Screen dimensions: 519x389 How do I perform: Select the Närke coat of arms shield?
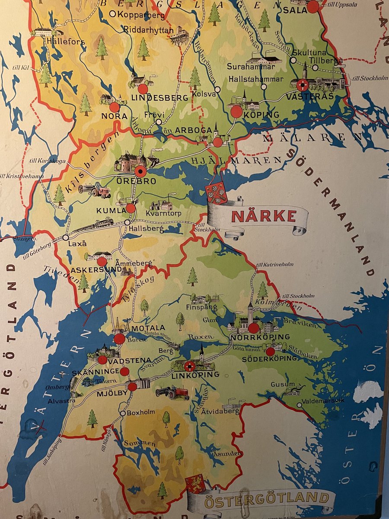[217, 193]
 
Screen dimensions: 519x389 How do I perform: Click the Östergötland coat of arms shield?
[195, 484]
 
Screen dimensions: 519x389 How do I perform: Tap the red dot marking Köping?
[236, 112]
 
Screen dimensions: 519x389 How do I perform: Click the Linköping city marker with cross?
[189, 367]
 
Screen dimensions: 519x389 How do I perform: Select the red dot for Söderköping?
[270, 351]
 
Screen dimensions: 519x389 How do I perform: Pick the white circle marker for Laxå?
[66, 237]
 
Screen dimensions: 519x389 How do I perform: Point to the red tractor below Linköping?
[173, 393]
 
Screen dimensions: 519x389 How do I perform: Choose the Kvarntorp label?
[163, 214]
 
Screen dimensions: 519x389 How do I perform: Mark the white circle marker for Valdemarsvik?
[300, 405]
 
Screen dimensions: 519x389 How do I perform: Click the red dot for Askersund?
[102, 261]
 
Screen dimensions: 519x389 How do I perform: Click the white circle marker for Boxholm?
[123, 413]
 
